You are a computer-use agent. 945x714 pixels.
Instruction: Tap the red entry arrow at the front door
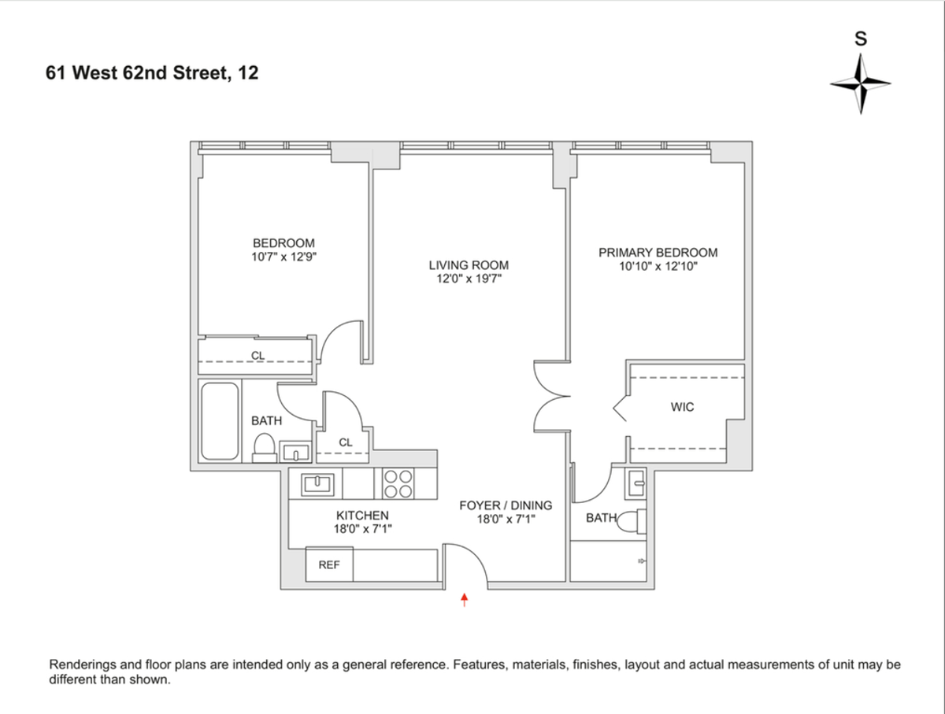pyautogui.click(x=465, y=601)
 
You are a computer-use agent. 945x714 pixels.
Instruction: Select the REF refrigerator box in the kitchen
pyautogui.click(x=329, y=564)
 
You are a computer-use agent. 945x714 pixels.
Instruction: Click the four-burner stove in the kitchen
pyautogui.click(x=398, y=483)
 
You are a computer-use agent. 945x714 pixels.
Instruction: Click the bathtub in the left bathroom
pyautogui.click(x=220, y=421)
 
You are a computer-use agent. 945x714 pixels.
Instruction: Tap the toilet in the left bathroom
pyautogui.click(x=265, y=447)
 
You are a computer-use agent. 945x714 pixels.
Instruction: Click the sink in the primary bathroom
pyautogui.click(x=636, y=483)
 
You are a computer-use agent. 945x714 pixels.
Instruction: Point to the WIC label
pyautogui.click(x=683, y=407)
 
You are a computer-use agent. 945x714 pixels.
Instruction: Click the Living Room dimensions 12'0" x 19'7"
pyautogui.click(x=469, y=279)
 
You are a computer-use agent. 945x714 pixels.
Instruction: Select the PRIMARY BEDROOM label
pyautogui.click(x=658, y=253)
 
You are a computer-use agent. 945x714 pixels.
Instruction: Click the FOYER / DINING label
pyautogui.click(x=506, y=505)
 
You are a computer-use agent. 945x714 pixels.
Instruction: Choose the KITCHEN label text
pyautogui.click(x=362, y=516)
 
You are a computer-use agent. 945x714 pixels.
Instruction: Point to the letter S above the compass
pyautogui.click(x=861, y=39)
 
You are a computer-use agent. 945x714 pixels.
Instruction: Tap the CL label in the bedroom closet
pyautogui.click(x=258, y=356)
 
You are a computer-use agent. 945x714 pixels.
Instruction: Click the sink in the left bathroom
pyautogui.click(x=296, y=453)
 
